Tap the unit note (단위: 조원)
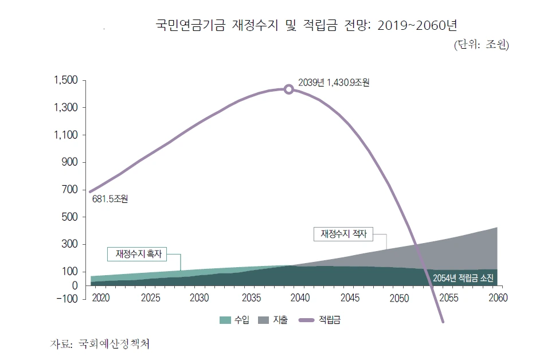[481, 45]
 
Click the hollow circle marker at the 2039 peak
[289, 89]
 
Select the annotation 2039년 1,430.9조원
[334, 83]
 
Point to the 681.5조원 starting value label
[110, 199]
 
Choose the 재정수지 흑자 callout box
[139, 253]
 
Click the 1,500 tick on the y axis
[65, 80]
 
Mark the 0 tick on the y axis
[75, 285]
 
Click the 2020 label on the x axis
[100, 298]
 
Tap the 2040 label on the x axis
[300, 298]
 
